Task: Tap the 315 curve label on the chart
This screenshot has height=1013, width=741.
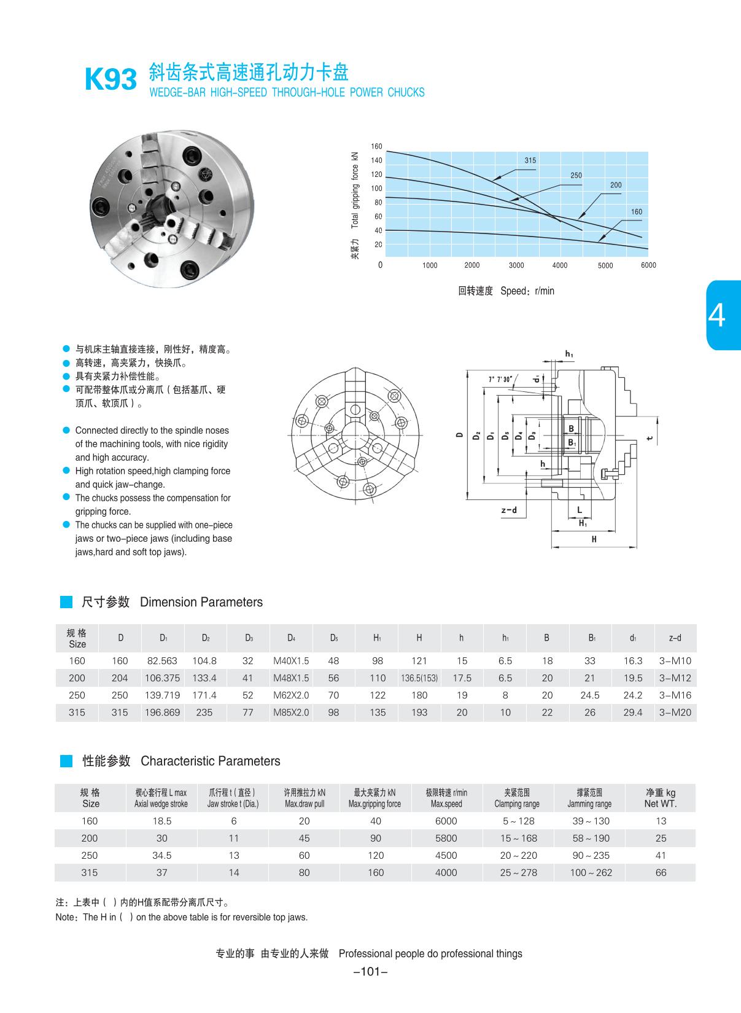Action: click(x=530, y=160)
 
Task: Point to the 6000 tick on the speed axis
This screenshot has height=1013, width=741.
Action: click(x=648, y=265)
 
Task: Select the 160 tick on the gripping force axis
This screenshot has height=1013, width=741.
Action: click(x=376, y=146)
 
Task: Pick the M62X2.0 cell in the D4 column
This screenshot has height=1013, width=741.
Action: click(x=291, y=695)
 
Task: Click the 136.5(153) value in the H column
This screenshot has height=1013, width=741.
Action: click(x=419, y=678)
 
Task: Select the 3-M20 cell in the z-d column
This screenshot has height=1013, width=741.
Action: click(x=675, y=713)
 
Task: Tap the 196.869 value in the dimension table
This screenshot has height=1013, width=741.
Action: click(x=162, y=713)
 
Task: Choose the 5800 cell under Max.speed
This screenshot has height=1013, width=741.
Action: click(x=446, y=838)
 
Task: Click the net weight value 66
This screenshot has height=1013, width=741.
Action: click(x=661, y=872)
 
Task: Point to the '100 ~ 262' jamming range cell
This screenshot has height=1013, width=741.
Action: click(x=591, y=872)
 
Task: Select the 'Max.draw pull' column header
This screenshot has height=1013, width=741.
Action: click(x=304, y=804)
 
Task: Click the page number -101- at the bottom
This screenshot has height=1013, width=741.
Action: click(x=371, y=971)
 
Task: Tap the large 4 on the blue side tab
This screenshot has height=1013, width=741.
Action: click(x=716, y=316)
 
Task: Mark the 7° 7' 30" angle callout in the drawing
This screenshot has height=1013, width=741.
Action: click(x=500, y=379)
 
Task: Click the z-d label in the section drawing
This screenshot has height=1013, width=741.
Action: click(x=509, y=510)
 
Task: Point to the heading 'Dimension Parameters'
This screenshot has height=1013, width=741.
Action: click(x=201, y=602)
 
